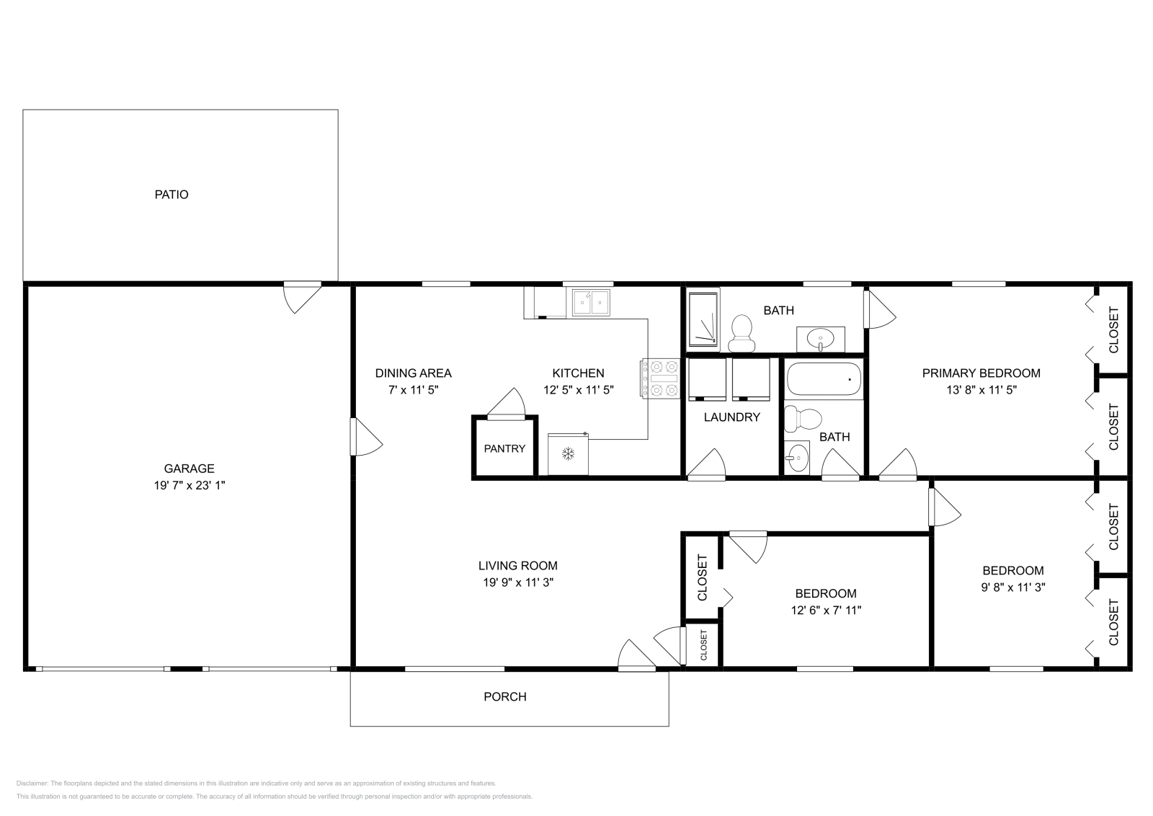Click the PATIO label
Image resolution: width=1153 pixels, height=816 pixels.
pyautogui.click(x=172, y=195)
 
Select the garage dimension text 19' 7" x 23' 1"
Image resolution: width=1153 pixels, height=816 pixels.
pyautogui.click(x=190, y=486)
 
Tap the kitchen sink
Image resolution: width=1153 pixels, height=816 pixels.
pyautogui.click(x=591, y=303)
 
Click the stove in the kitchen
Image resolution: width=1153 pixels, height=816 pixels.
pyautogui.click(x=660, y=378)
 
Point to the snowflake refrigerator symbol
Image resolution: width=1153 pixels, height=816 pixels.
pyautogui.click(x=568, y=454)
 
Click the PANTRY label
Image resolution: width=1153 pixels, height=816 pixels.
pyautogui.click(x=504, y=448)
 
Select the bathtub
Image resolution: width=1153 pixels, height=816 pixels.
pyautogui.click(x=824, y=380)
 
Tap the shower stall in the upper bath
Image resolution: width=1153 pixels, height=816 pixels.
pyautogui.click(x=702, y=319)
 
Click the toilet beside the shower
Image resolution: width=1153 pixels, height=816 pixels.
pyautogui.click(x=741, y=332)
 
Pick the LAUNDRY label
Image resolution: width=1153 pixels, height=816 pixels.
pyautogui.click(x=731, y=417)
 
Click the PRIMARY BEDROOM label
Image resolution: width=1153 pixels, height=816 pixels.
pyautogui.click(x=981, y=373)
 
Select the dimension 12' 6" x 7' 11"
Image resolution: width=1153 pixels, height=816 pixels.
pyautogui.click(x=826, y=611)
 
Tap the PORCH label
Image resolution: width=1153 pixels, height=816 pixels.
pyautogui.click(x=504, y=697)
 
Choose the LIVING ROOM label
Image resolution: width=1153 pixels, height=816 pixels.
pyautogui.click(x=517, y=566)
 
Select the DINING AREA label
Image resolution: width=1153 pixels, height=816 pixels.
pyautogui.click(x=413, y=373)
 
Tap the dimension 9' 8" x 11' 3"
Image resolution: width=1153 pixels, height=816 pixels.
pyautogui.click(x=1013, y=587)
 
